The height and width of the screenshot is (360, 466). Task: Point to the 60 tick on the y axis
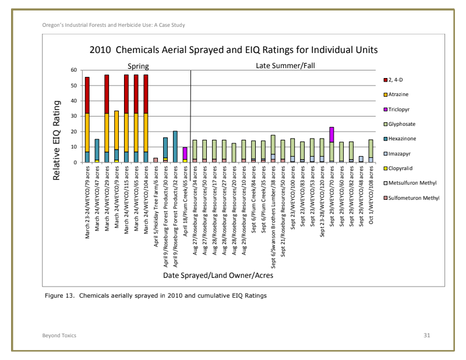(x=73, y=70)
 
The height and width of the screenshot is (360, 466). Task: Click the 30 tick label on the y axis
(x=73, y=116)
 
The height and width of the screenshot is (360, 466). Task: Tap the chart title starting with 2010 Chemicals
(x=233, y=50)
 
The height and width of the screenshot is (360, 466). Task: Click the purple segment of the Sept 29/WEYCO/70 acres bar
(x=331, y=135)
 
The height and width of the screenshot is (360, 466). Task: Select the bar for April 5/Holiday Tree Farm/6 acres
(x=156, y=160)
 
